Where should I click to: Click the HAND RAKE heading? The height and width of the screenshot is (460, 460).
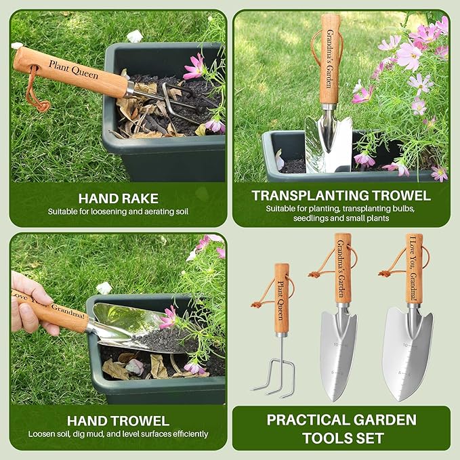(118, 198)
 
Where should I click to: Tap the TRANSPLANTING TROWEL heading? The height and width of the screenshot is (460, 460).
(341, 196)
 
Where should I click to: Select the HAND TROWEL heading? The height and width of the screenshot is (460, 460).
(118, 421)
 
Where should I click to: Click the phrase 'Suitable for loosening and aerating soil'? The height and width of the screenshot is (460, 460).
(118, 211)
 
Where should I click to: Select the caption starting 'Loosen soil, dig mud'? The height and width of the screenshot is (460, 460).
(118, 434)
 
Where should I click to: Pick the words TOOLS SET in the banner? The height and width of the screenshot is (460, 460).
(341, 438)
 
